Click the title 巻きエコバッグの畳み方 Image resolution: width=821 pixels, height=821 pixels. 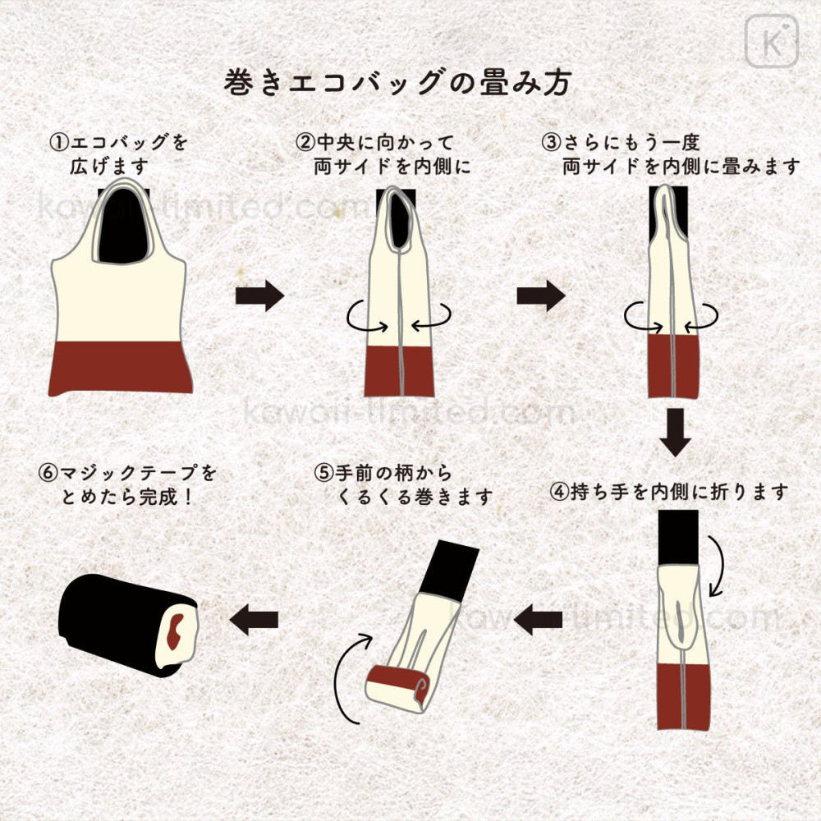[397, 83]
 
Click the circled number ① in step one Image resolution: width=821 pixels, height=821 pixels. [59, 143]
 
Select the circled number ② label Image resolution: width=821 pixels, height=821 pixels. [305, 143]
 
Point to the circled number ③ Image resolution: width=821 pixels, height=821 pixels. [552, 143]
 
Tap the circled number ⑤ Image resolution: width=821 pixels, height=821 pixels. [323, 474]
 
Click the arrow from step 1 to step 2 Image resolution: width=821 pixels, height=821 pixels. [259, 296]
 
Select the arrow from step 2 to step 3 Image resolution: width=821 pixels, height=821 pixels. [540, 296]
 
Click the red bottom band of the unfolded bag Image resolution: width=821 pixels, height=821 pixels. [120, 367]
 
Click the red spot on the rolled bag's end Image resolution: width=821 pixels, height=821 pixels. [174, 633]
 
